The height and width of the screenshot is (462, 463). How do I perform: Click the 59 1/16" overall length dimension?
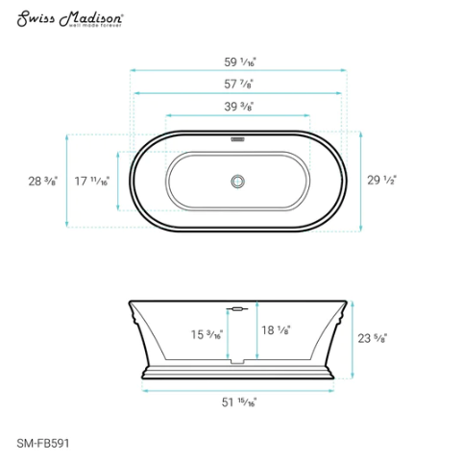238,60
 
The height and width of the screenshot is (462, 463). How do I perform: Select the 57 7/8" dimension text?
238,84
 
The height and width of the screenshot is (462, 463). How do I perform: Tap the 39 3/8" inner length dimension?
238,107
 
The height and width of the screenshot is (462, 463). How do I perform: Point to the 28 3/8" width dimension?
43,180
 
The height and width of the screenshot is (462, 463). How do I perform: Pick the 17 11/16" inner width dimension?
92,180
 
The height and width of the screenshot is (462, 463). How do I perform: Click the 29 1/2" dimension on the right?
381,180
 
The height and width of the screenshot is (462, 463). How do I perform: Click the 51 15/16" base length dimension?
238,402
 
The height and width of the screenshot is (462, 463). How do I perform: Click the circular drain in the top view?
237,180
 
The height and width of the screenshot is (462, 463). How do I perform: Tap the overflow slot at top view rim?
237,136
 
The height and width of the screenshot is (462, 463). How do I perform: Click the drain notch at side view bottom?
237,363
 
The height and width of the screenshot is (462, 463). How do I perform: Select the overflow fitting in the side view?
237,309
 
